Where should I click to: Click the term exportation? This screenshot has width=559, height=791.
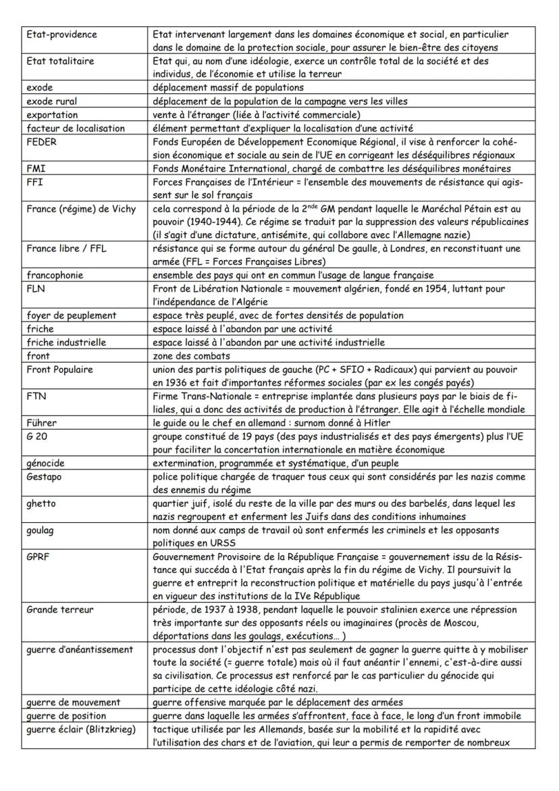pyautogui.click(x=52, y=115)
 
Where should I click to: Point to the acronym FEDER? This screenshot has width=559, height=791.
pyautogui.click(x=41, y=142)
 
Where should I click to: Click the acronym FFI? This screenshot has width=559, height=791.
pyautogui.click(x=34, y=182)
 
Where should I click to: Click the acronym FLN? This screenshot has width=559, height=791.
pyautogui.click(x=35, y=288)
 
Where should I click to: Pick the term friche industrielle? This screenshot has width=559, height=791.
pyautogui.click(x=66, y=342)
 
